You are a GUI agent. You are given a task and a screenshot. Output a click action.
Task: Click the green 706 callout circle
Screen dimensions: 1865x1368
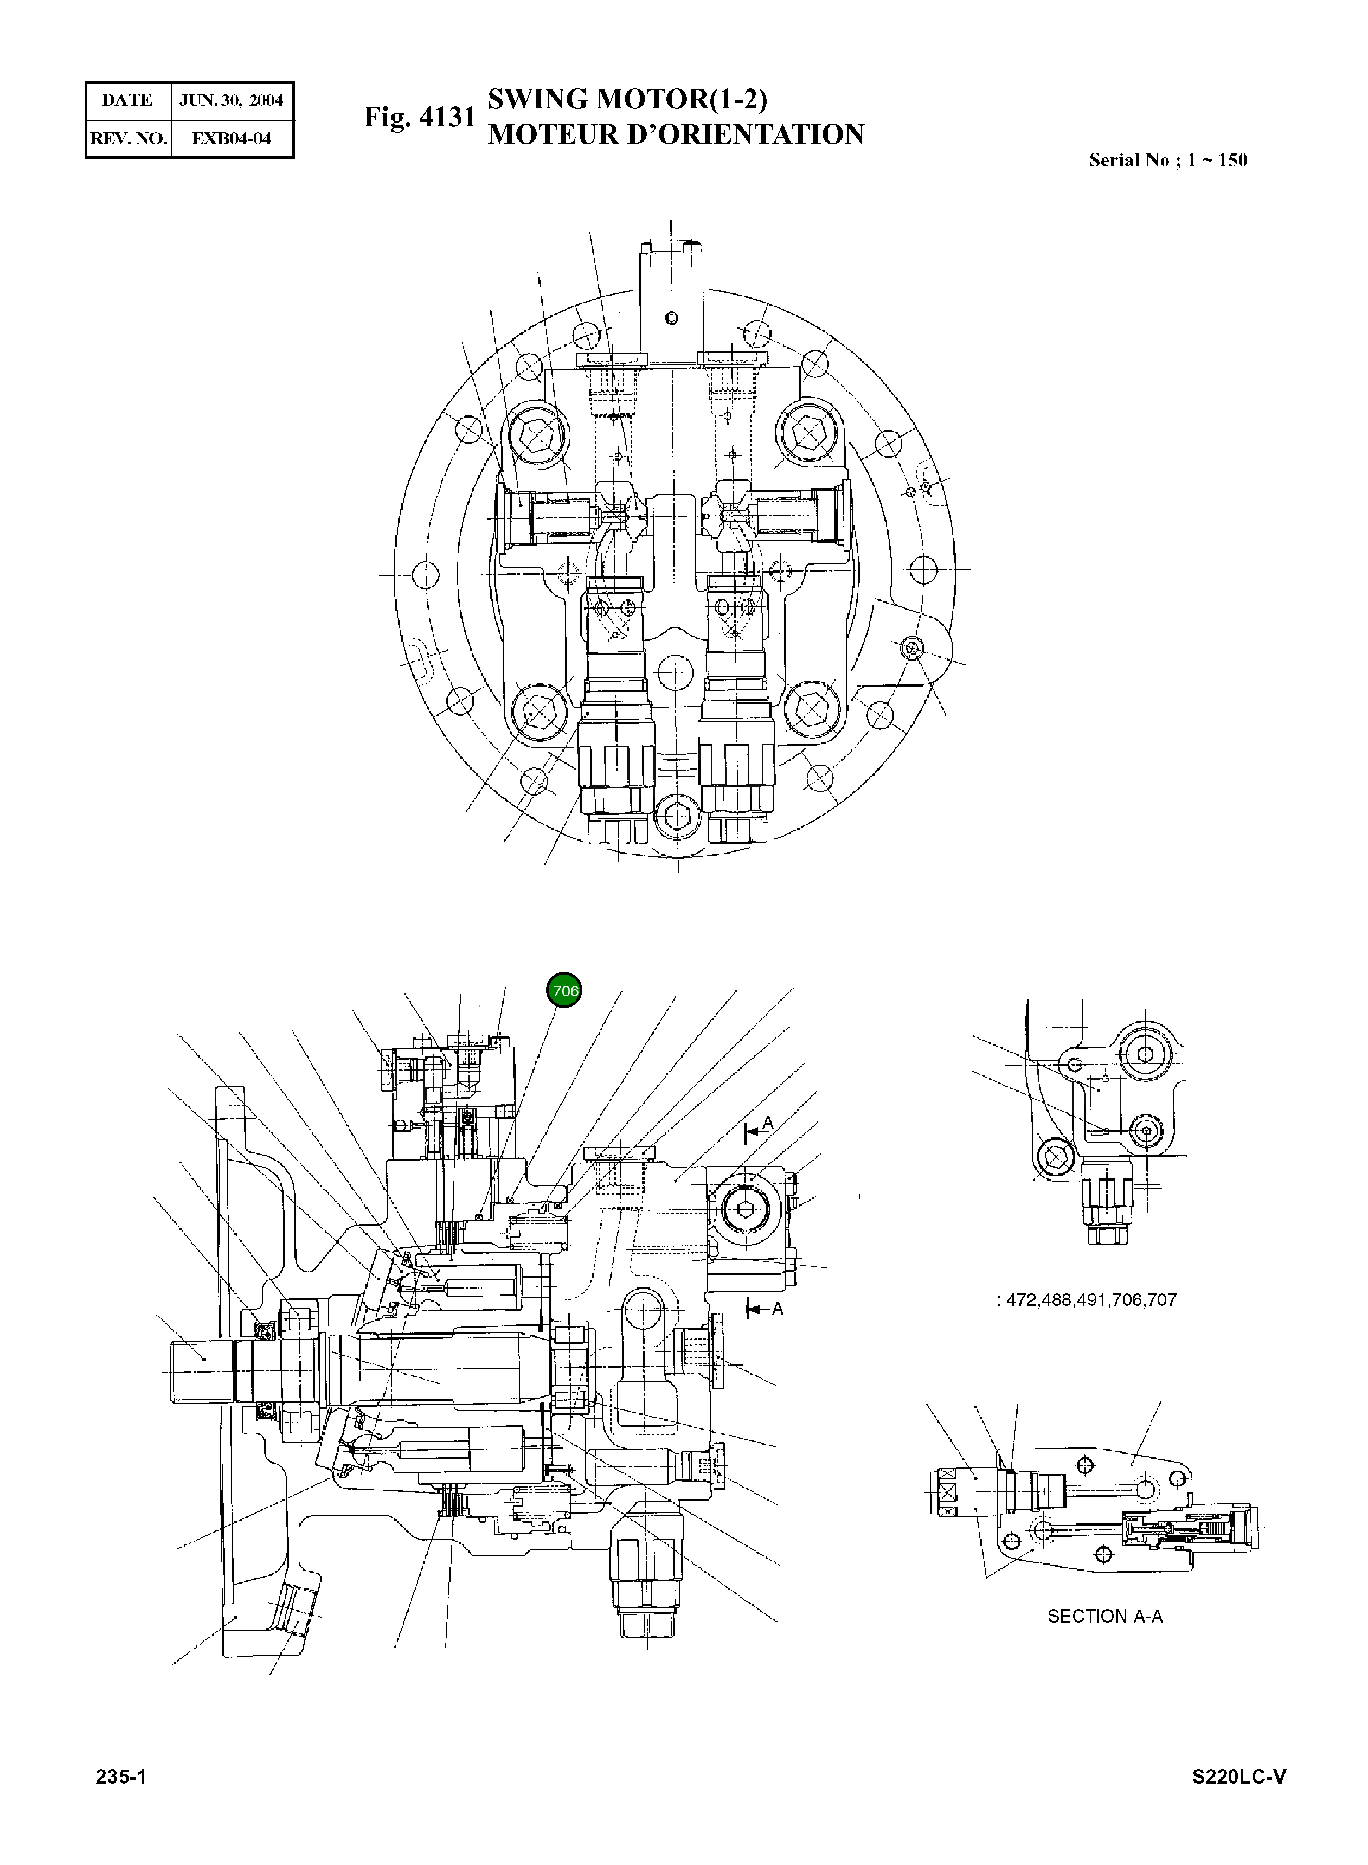pos(564,990)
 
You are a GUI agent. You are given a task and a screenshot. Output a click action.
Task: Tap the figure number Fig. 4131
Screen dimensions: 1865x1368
pos(419,117)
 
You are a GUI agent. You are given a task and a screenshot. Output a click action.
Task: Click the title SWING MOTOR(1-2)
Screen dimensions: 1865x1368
pos(627,99)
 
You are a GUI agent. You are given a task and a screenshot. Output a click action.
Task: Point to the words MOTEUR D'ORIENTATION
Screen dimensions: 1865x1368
pos(675,134)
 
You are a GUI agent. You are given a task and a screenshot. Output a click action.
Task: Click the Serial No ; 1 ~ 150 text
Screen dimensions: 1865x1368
pos(1167,160)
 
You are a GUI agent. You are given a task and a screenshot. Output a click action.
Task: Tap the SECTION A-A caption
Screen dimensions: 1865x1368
pos(1104,1616)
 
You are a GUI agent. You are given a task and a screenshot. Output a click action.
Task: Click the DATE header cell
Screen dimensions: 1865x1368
pos(127,100)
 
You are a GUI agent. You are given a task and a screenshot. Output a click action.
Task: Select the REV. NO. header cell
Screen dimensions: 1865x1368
pos(129,138)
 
